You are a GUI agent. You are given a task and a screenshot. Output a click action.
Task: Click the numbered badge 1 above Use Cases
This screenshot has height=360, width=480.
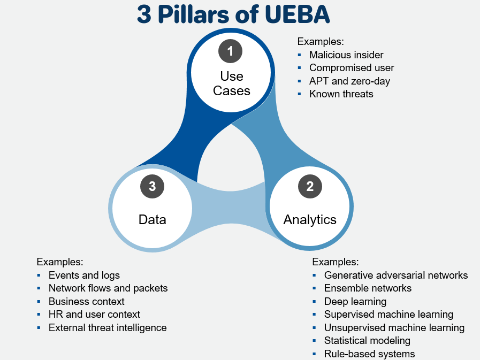point(231,51)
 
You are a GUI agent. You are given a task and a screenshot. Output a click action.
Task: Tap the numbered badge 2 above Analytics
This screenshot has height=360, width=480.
point(310,187)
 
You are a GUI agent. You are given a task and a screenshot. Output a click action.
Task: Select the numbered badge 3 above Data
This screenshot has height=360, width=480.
point(153,187)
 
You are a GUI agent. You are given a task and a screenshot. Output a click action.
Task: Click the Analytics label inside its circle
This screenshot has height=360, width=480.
point(310,219)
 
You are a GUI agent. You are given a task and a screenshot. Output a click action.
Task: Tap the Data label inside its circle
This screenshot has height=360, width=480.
point(153,219)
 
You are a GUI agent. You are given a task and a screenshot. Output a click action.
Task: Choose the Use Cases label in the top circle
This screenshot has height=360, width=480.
point(231,83)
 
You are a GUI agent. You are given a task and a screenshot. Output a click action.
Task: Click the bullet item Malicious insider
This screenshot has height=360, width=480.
point(346,55)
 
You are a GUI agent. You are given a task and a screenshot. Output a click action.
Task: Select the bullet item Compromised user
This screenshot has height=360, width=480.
point(352,68)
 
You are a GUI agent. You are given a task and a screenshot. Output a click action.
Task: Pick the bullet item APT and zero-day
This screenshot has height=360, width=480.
point(349,81)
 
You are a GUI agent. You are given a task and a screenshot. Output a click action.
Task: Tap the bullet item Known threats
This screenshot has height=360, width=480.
point(341,94)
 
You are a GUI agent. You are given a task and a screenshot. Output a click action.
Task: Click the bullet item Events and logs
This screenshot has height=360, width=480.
point(84,275)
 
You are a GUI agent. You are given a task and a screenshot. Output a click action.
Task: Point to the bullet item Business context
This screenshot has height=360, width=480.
point(86,302)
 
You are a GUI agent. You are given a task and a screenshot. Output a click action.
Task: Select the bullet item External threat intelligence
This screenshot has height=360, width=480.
point(108,328)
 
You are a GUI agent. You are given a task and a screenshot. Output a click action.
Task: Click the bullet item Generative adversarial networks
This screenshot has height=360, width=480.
point(396,275)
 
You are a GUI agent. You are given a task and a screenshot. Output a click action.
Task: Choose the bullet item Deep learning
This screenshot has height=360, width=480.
point(355,302)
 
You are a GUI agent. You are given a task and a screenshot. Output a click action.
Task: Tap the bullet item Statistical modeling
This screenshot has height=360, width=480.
point(367,341)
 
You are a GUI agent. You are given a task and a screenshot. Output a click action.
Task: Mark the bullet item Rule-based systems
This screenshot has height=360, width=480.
point(369,354)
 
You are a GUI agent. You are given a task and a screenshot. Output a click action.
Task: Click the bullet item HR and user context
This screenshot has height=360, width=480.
point(94,315)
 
